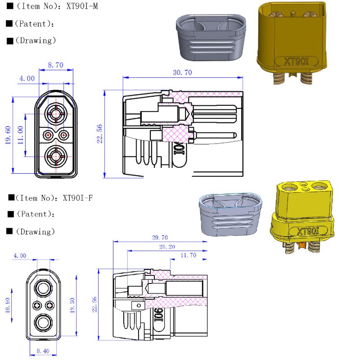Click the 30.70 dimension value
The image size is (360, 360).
[182, 72]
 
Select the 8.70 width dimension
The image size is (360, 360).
[55, 65]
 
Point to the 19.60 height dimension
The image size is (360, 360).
[8, 135]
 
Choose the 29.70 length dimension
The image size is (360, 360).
[160, 238]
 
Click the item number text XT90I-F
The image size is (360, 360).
[78, 198]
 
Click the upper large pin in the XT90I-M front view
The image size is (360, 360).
[56, 113]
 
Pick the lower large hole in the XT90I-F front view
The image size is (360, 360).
[44, 323]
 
